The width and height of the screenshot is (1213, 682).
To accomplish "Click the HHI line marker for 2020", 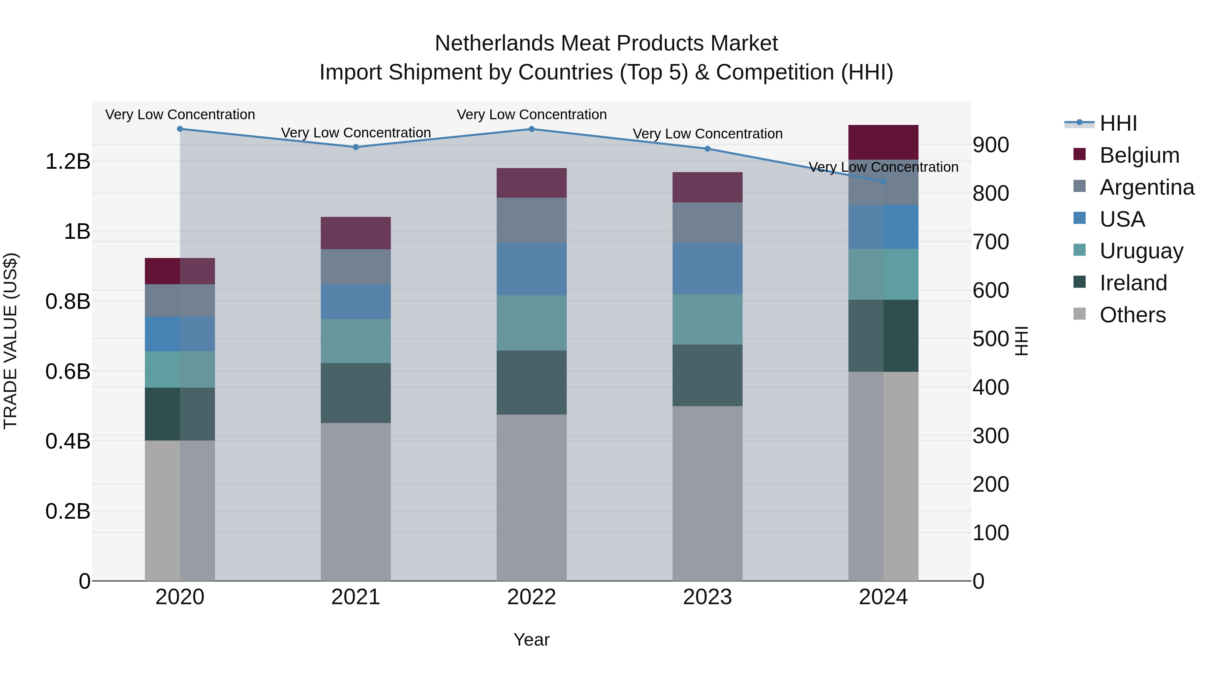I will click(180, 129).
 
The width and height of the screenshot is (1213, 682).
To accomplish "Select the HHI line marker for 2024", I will click(883, 181).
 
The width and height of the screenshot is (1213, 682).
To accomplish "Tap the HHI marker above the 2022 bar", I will click(532, 129).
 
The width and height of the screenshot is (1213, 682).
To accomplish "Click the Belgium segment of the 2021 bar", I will click(355, 233).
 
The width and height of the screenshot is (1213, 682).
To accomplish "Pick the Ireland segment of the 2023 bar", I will click(707, 375).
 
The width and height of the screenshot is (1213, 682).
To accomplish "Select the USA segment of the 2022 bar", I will click(532, 269).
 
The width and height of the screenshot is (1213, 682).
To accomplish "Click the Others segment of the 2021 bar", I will click(355, 501).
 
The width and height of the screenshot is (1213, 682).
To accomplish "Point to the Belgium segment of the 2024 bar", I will click(883, 142).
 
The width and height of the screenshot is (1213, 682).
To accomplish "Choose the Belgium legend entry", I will click(1139, 155).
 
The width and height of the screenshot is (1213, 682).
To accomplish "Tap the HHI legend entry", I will click(1118, 123).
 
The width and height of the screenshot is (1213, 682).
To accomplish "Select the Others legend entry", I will click(1132, 315).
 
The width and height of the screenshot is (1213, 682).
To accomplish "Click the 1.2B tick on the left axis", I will click(67, 161).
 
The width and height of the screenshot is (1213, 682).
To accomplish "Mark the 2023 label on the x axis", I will click(707, 597).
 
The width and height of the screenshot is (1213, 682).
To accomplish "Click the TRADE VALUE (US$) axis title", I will click(10, 341).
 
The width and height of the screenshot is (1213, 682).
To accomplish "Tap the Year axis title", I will click(532, 640).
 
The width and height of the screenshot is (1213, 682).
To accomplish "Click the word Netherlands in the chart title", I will click(494, 43).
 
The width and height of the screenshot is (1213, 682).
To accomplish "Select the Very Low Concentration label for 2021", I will click(355, 133).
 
